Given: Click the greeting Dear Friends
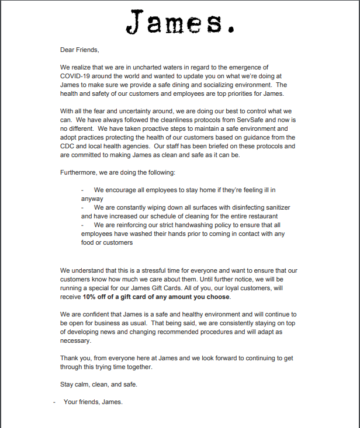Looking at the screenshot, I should (79, 50).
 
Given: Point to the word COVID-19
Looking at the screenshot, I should (77, 76).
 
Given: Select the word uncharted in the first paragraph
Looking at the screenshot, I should (146, 68).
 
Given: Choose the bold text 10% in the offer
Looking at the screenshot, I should (89, 297).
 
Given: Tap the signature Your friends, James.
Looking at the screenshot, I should (93, 402).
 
